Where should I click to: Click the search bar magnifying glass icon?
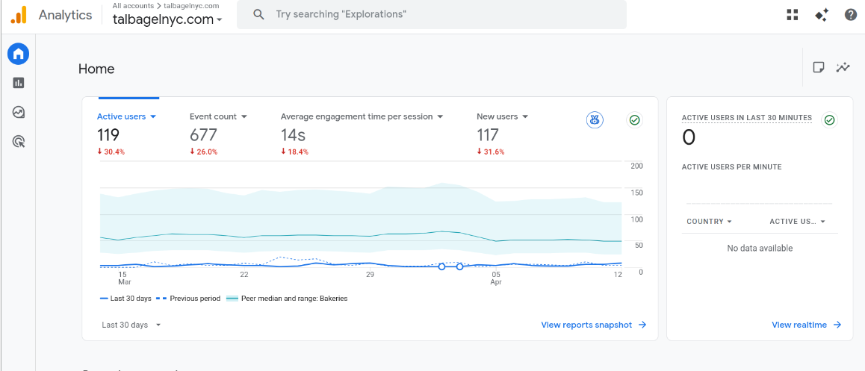click(258, 14)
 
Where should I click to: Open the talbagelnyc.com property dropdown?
click(167, 20)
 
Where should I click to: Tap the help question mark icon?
click(851, 15)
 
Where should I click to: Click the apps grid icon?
click(793, 15)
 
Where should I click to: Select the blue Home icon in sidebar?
click(18, 54)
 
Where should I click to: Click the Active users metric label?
click(121, 117)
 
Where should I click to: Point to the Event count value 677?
click(204, 135)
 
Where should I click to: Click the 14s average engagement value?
click(294, 135)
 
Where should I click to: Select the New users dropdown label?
click(497, 117)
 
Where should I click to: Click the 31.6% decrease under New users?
click(491, 152)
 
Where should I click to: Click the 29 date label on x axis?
click(370, 275)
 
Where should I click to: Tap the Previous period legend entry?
click(189, 299)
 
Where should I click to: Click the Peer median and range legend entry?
click(287, 299)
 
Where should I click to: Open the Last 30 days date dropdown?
click(131, 325)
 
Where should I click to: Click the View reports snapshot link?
click(594, 325)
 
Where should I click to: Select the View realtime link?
click(807, 325)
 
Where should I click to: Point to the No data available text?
click(760, 248)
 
